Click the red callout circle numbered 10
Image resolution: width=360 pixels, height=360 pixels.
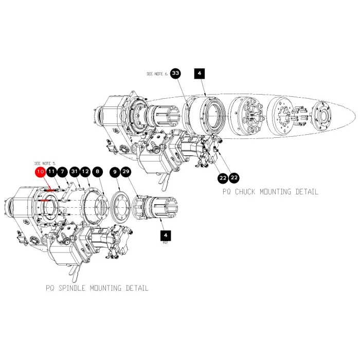click(41, 172)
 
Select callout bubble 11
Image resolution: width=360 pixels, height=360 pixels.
click(51, 172)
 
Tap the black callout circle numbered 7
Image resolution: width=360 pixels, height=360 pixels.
click(62, 172)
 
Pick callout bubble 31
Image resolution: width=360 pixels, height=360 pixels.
click(75, 172)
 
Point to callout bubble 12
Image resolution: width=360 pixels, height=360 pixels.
click(85, 172)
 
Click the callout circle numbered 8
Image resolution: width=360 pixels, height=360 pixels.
click(98, 172)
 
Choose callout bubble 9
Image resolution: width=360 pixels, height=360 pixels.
click(115, 172)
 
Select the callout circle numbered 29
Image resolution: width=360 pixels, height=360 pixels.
click(126, 172)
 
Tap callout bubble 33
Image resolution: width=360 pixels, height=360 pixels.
click(176, 73)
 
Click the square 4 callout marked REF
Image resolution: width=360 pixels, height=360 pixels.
click(166, 236)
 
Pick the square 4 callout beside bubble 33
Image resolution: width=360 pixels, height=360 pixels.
click(200, 74)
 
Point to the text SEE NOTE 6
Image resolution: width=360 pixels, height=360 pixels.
click(157, 74)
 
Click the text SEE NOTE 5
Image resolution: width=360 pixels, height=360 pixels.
click(45, 164)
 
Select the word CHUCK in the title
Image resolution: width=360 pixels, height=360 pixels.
click(245, 192)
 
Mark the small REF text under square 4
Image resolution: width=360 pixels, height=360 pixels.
click(166, 242)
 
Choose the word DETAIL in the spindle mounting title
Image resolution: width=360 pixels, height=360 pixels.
click(137, 288)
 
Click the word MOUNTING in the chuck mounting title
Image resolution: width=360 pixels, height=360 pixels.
click(275, 192)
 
